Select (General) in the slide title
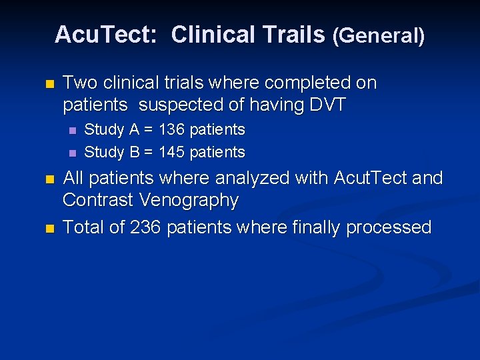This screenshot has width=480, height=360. [378, 35]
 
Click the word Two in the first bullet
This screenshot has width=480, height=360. [79, 83]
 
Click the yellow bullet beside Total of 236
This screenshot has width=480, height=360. [48, 228]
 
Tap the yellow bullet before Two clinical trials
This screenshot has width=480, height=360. [48, 84]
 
